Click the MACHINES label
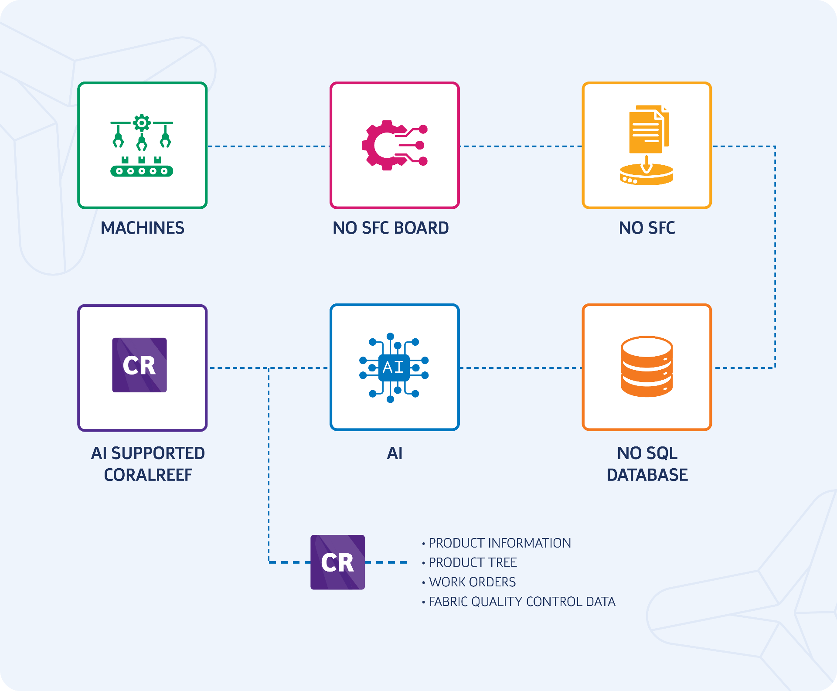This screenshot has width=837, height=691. point(142,228)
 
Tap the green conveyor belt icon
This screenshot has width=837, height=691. point(142,146)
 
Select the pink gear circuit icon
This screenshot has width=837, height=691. point(394,145)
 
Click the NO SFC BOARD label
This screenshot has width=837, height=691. point(391,228)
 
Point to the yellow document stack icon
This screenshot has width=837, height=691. point(647,145)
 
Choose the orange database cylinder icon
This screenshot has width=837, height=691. point(646,367)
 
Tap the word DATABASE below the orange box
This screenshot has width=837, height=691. point(647,475)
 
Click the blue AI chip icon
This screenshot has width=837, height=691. point(394,367)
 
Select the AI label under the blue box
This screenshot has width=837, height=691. point(395,453)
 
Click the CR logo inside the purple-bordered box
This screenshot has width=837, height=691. point(139,365)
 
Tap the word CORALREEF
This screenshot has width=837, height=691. point(148,475)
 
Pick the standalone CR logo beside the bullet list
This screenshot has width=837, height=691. point(337,562)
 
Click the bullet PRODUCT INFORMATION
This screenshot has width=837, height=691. point(500,543)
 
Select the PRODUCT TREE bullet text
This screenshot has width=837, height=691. point(473,563)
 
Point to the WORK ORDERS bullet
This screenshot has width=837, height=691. point(472,582)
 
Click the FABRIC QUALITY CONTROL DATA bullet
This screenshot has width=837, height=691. point(522,602)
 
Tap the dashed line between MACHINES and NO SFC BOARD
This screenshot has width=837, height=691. point(268,146)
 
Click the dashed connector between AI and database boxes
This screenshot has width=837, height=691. point(521,368)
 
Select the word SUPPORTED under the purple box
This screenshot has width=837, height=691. point(158,453)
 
